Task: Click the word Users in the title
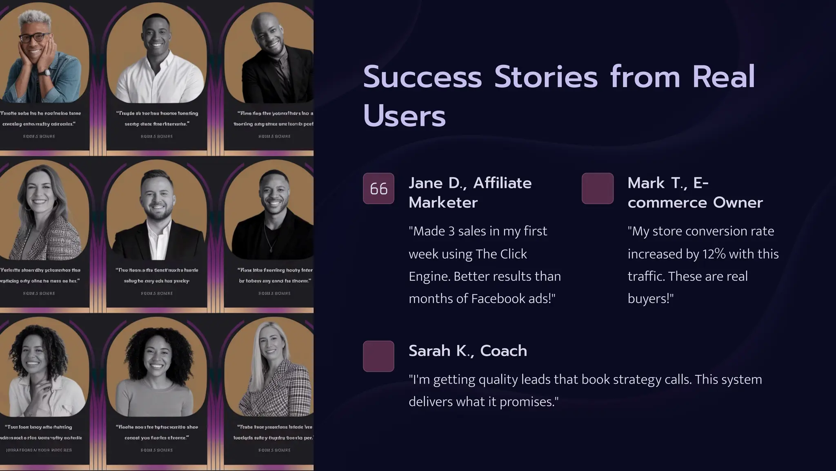(404, 116)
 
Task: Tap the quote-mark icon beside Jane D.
(378, 189)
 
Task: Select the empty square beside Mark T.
(598, 189)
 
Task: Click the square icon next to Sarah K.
(378, 356)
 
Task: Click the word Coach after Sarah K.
(503, 351)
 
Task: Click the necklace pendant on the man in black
(269, 248)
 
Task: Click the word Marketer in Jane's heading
(443, 202)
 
